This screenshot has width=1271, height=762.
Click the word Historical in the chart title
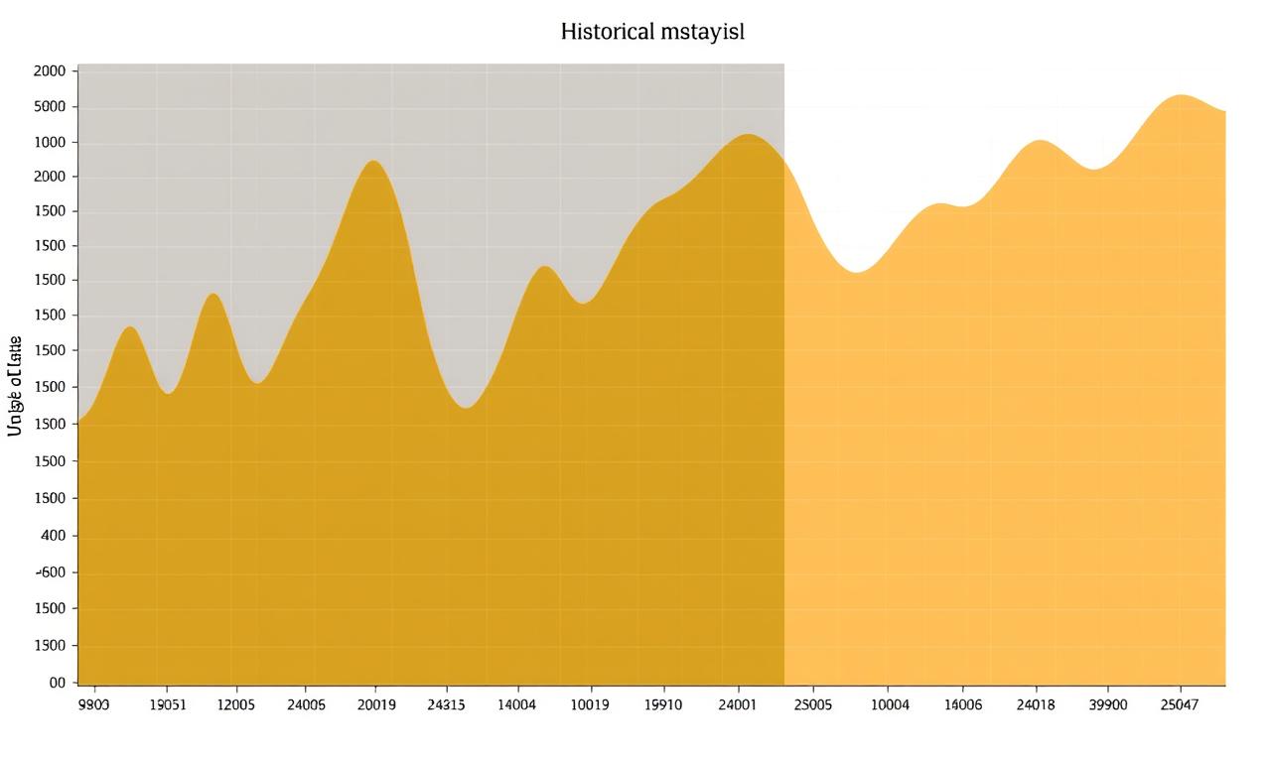coord(607,32)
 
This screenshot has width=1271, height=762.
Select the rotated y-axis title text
coord(15,386)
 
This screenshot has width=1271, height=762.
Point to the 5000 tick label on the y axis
coord(50,107)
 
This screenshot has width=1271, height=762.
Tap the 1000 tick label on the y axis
coord(50,142)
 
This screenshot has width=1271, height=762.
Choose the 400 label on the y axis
coord(53,536)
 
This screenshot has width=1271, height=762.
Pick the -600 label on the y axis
coord(51,572)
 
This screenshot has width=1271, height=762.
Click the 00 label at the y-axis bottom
coord(58,683)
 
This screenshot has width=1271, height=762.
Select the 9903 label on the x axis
coord(93,704)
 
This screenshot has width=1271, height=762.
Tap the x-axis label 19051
coord(167,704)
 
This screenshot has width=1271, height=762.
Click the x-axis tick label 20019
coord(376,704)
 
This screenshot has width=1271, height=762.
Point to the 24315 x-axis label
coord(446,704)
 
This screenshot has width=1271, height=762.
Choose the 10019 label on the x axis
coord(591,704)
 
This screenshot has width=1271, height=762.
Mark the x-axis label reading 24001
coord(738,704)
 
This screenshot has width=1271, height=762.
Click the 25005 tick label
coord(812,704)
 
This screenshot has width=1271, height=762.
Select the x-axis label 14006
coord(962,704)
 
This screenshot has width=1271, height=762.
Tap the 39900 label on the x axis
coord(1108,704)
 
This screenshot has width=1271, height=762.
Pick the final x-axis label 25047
coord(1181,704)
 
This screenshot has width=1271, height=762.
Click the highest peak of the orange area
coord(1180,96)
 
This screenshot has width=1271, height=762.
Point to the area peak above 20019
coord(373,162)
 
